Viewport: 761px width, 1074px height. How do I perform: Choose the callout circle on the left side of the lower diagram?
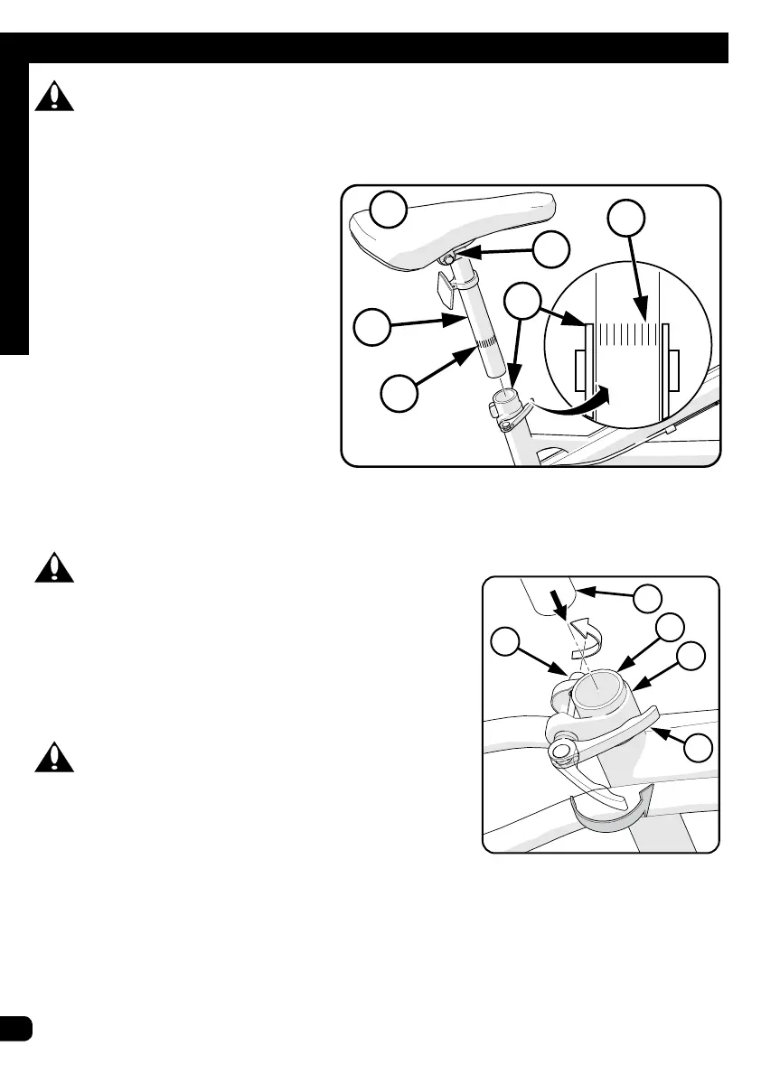coord(511,644)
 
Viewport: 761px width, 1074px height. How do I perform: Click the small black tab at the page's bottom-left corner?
coord(16,1028)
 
